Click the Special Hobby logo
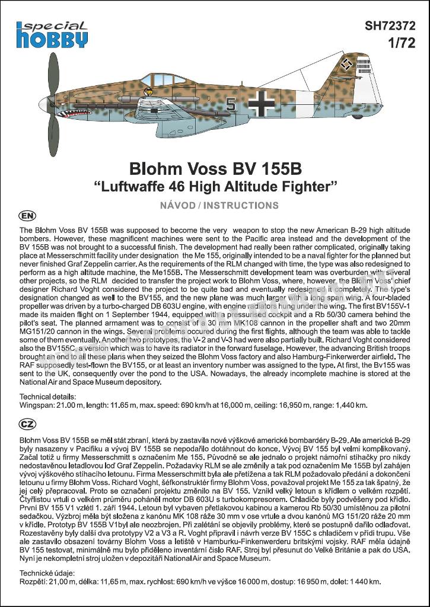(52, 34)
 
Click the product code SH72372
(390, 26)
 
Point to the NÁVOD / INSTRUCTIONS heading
(215, 206)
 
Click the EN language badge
(27, 215)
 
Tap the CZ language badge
(27, 424)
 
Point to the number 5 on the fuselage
(231, 106)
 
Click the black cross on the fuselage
(261, 104)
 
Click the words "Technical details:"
(47, 396)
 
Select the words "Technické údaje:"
(47, 573)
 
